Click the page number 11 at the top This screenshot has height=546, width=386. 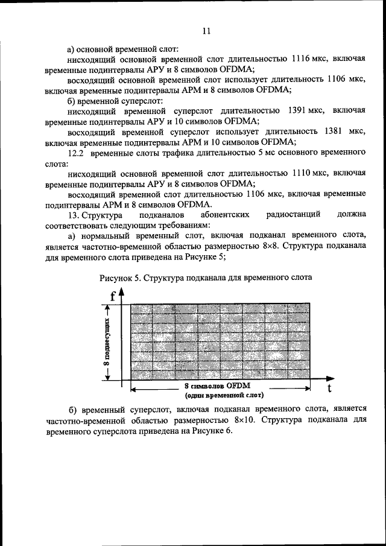click(206, 31)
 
